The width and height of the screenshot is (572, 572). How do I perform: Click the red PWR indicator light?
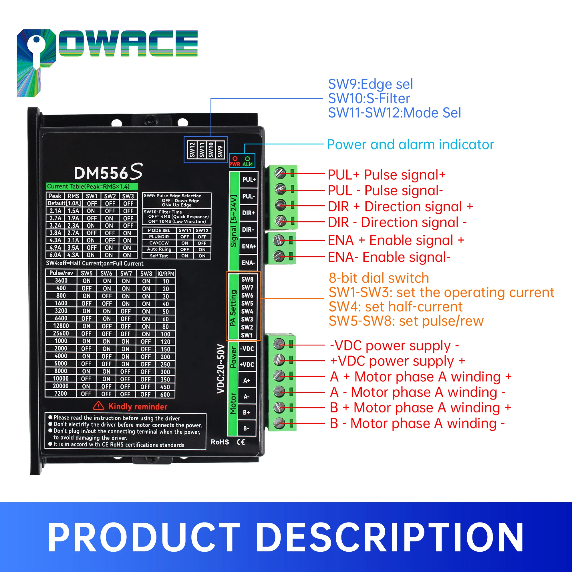[x=235, y=159]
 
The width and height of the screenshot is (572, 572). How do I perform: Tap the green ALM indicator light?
[x=247, y=159]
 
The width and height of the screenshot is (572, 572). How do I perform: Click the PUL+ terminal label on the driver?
[x=249, y=180]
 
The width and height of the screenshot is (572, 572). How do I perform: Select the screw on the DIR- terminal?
[x=280, y=221]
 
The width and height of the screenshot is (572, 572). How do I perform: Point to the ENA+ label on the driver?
[x=249, y=246]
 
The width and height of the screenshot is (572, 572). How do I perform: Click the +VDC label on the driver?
[x=247, y=364]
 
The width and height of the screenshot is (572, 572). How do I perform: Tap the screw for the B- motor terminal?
[x=279, y=423]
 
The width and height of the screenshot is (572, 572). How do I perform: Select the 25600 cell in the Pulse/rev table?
[x=61, y=333]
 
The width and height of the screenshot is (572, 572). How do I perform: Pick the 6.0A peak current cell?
[x=55, y=255]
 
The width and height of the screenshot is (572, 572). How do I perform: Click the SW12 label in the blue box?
[x=192, y=150]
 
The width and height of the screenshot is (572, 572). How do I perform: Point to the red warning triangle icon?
[x=99, y=406]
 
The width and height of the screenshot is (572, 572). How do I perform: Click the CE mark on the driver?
[x=241, y=442]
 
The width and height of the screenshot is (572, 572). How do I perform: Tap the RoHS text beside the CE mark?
[x=220, y=442]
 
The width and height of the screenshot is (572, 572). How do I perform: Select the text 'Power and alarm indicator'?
[x=410, y=145]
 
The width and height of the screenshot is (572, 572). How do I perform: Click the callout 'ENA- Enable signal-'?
[x=389, y=257]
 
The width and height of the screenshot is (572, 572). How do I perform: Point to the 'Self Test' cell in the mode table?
[x=159, y=256]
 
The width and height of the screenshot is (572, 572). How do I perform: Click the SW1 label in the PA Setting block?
[x=247, y=335]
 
